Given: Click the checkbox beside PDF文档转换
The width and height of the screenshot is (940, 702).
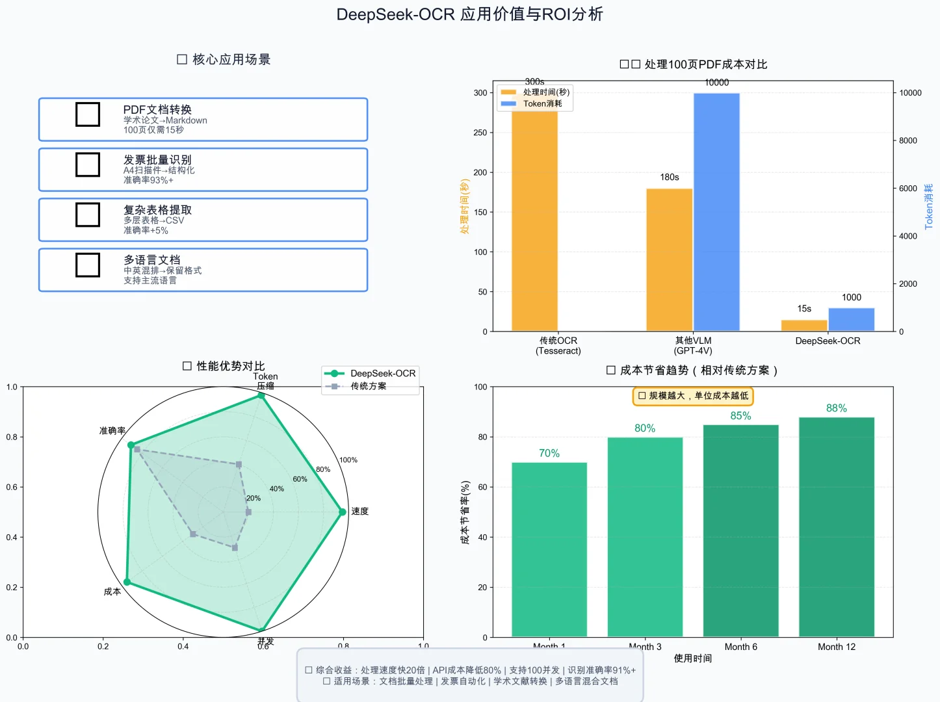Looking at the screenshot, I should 88,114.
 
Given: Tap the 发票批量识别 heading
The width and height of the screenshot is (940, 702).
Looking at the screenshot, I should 157,160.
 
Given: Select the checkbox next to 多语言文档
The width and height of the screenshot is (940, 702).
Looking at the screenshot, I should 88,265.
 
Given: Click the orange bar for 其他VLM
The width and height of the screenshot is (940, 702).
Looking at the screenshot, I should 669,260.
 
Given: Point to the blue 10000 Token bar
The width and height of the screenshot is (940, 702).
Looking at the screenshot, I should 716,212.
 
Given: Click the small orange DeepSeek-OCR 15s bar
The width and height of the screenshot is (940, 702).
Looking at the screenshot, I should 804,325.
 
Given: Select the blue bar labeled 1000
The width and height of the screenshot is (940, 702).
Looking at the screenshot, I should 851,319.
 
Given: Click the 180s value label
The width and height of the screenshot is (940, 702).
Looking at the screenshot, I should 670,177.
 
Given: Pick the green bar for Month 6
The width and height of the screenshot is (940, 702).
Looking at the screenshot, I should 740,530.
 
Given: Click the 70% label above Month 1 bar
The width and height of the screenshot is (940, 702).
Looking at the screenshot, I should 549,453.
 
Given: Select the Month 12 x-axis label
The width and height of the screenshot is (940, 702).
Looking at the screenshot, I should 837,647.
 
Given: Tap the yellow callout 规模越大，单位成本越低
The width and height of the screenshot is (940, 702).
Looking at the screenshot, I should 693,396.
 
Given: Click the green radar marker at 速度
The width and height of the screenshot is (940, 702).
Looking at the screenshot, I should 343,512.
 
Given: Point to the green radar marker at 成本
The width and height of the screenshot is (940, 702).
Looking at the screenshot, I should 127,582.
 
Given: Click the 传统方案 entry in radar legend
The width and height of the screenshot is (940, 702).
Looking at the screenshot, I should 368,386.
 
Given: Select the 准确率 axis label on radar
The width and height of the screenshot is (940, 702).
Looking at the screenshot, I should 112,431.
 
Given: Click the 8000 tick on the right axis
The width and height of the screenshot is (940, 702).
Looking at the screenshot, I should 908,140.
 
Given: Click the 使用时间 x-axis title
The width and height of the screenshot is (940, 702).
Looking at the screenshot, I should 692,658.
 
